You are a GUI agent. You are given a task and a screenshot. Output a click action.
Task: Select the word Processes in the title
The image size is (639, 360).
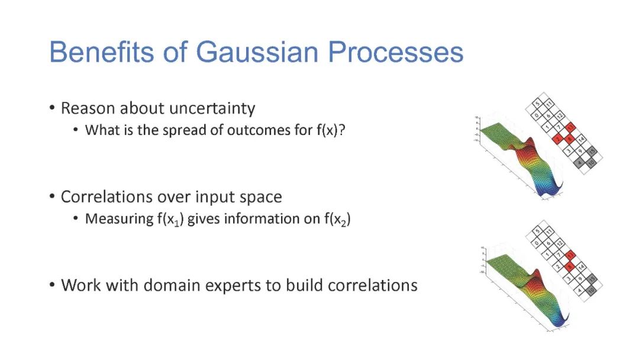[x=396, y=52]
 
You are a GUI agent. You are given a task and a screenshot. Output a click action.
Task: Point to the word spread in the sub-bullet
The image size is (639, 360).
[x=183, y=130]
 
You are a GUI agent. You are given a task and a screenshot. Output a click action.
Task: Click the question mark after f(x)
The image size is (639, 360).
[x=341, y=130]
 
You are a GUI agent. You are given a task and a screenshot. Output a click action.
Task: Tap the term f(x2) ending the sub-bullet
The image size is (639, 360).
[x=337, y=219]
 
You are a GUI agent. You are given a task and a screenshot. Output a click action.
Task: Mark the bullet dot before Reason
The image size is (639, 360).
[x=53, y=108]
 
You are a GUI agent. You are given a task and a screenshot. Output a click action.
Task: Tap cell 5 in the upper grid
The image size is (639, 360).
[x=537, y=105]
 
